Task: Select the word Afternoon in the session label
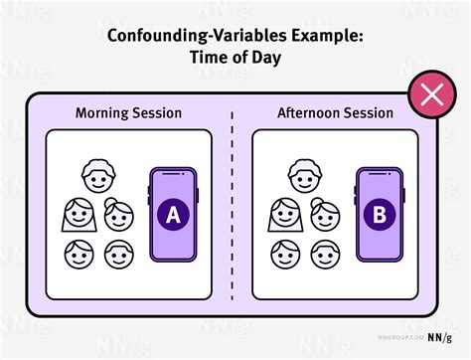(x=312, y=114)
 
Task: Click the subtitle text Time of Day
(x=235, y=60)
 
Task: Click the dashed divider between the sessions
(x=235, y=209)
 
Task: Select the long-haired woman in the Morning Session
(x=79, y=216)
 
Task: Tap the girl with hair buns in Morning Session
(x=117, y=218)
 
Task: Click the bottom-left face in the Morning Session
(x=78, y=253)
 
